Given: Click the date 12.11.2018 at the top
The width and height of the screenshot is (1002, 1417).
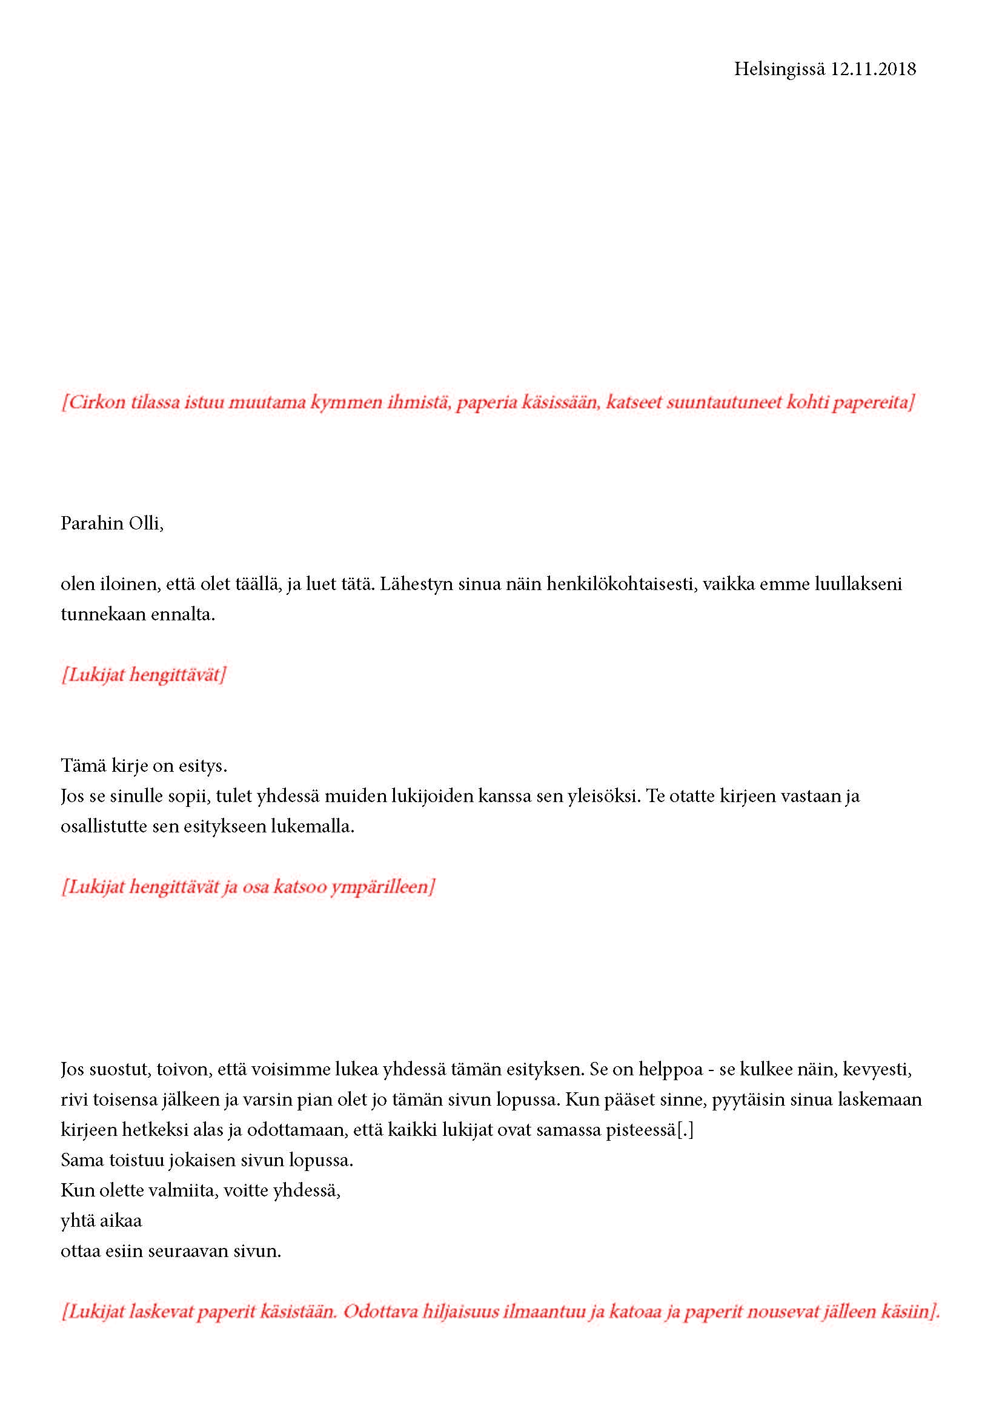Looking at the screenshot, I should click(x=872, y=68).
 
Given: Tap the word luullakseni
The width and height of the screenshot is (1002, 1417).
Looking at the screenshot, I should click(x=863, y=584).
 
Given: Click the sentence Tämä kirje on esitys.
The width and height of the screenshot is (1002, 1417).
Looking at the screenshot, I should click(x=144, y=766).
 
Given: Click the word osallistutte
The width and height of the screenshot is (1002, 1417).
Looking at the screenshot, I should click(x=104, y=826).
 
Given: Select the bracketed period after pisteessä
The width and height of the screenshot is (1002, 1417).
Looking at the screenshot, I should click(x=685, y=1130).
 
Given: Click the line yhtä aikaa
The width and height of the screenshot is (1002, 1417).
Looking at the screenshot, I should click(x=101, y=1221).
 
